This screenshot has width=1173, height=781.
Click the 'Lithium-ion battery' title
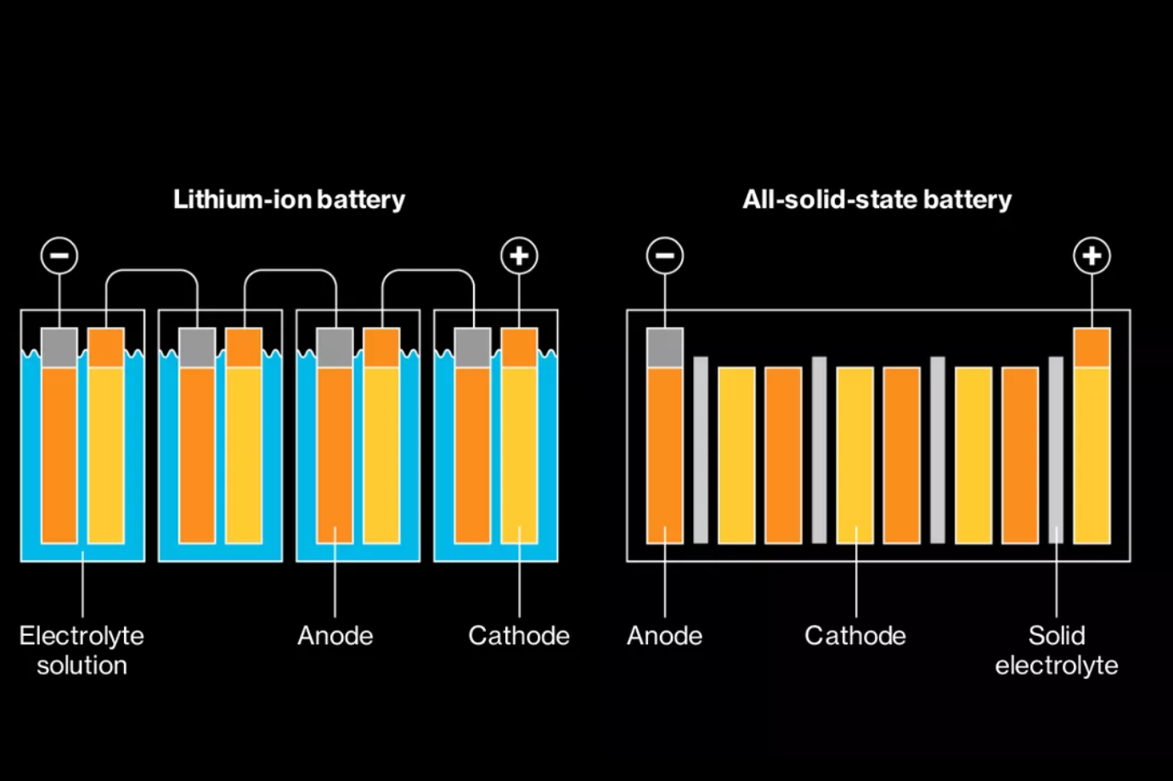click(x=289, y=199)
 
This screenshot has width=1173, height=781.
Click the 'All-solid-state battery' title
click(x=877, y=199)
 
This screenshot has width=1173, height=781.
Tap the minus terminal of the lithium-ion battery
click(x=59, y=256)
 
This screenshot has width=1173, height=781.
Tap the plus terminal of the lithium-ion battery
click(x=519, y=256)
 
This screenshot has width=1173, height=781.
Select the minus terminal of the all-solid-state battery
click(x=664, y=256)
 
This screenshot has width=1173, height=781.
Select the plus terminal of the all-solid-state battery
click(x=1091, y=256)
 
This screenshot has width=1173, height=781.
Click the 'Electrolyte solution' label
click(x=82, y=650)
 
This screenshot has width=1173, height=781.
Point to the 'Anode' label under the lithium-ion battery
click(x=335, y=636)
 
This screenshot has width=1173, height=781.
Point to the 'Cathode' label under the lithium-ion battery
click(x=518, y=636)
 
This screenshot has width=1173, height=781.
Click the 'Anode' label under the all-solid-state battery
click(x=664, y=636)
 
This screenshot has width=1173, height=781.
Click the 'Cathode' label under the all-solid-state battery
click(x=854, y=636)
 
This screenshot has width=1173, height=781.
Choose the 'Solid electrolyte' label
click(x=1057, y=650)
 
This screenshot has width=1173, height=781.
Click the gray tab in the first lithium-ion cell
click(x=59, y=347)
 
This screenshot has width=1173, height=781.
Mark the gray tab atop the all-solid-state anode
click(x=664, y=347)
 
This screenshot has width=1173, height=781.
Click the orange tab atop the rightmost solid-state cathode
click(x=1091, y=347)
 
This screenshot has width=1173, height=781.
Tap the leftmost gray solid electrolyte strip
click(x=701, y=450)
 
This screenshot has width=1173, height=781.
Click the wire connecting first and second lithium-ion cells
click(x=152, y=271)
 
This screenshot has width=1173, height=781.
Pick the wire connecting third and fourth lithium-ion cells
click(x=428, y=271)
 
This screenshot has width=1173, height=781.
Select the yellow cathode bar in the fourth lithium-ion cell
click(x=519, y=454)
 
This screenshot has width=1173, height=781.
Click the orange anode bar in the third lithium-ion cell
click(x=335, y=454)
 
